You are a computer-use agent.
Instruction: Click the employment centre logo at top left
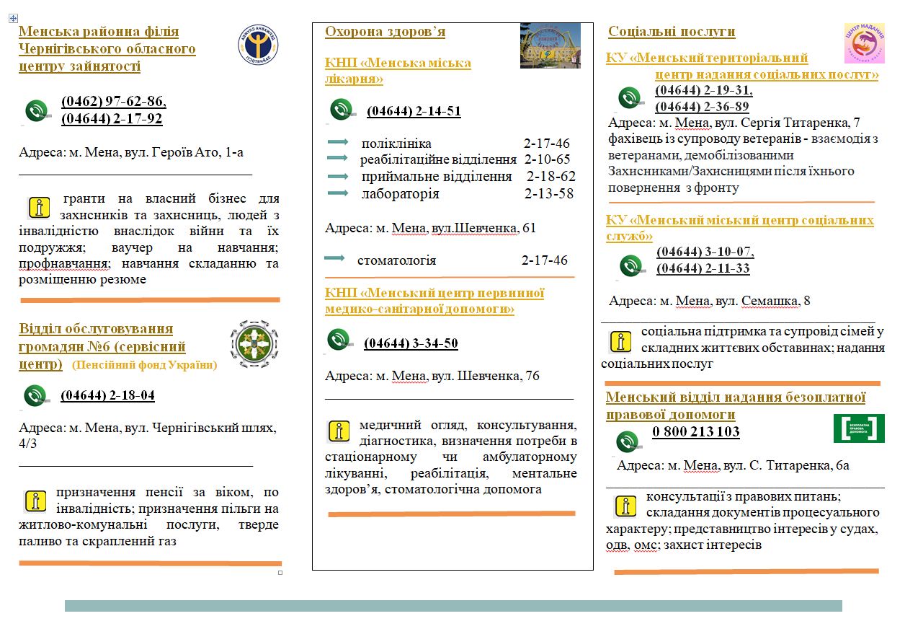257,44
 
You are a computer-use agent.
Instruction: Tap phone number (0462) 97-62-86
114,102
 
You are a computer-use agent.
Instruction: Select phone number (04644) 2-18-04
107,395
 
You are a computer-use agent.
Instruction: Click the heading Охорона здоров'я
385,32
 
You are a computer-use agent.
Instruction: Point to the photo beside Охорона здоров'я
550,45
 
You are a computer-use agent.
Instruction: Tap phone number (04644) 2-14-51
414,111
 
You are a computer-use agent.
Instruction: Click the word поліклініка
396,143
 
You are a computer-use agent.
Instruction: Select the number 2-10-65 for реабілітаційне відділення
547,159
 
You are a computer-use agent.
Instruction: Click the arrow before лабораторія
338,193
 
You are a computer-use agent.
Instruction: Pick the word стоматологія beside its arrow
396,260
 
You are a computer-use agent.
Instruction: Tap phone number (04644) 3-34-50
411,343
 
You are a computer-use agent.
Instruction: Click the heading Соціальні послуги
672,32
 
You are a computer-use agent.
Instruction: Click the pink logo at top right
865,43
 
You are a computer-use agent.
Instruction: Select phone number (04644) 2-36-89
702,107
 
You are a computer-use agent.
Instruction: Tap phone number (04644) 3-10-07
705,252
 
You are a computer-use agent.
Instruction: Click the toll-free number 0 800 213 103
695,432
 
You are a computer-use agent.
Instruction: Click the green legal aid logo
859,428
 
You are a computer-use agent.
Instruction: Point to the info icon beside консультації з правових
625,506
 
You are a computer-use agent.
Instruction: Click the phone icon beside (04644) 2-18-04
36,396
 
